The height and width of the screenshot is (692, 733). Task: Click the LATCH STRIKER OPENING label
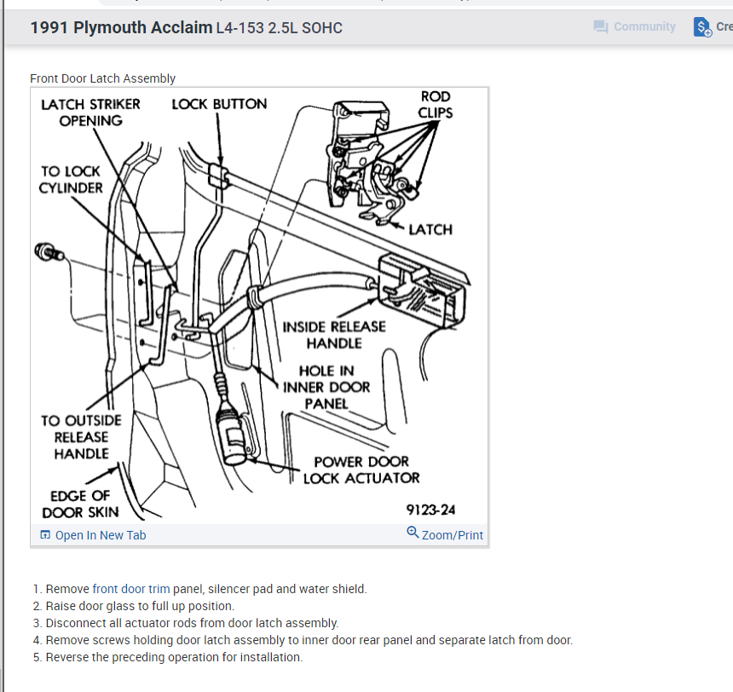(x=90, y=112)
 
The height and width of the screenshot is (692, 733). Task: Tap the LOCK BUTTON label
(x=219, y=104)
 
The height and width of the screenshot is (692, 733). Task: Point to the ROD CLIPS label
(x=435, y=105)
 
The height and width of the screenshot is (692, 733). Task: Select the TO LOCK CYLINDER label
(x=71, y=180)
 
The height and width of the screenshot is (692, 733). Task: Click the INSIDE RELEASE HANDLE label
(x=334, y=335)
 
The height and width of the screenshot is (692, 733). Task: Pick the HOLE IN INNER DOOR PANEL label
(x=326, y=387)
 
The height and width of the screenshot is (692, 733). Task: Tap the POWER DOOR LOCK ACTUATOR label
(x=361, y=470)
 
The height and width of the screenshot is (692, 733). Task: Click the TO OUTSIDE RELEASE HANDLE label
(x=81, y=437)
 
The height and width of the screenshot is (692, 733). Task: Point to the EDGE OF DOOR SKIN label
(x=80, y=504)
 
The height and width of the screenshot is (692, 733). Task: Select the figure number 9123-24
(x=430, y=510)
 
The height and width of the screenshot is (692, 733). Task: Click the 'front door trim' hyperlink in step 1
(x=131, y=589)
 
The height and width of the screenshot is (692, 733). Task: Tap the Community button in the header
(x=635, y=26)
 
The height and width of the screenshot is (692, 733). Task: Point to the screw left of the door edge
(x=46, y=252)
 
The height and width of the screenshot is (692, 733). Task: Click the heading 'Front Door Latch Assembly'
(x=102, y=78)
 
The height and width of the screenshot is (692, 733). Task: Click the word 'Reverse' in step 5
(x=69, y=657)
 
